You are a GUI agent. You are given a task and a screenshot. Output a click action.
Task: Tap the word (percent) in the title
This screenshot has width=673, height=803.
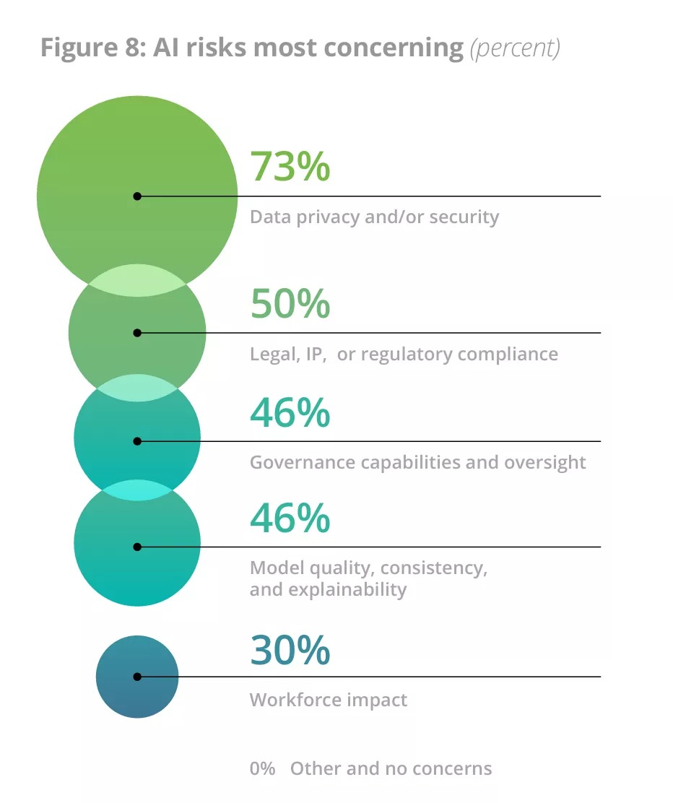515,48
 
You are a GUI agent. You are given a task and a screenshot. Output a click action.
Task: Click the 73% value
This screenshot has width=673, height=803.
290,166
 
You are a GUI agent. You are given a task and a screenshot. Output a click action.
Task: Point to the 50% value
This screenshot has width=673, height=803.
290,303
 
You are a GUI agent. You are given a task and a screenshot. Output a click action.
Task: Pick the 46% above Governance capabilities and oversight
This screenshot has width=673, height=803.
290,412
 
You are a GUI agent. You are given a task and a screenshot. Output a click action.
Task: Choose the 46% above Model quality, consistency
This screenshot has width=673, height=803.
290,518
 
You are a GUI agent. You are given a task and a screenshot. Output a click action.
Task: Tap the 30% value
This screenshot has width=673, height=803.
290,650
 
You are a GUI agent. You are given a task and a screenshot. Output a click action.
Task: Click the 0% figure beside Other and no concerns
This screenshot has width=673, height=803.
262,768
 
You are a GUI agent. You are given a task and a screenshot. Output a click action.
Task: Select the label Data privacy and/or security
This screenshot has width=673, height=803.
374,217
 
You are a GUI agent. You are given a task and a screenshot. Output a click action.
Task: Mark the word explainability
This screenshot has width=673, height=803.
347,589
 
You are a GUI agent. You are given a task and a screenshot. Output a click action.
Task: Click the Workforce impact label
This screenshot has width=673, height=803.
328,700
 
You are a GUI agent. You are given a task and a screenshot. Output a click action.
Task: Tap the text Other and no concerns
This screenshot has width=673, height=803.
391,768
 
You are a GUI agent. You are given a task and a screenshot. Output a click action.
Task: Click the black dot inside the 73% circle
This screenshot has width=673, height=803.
137,196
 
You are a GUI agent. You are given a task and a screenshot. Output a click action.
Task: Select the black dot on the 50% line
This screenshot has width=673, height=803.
137,333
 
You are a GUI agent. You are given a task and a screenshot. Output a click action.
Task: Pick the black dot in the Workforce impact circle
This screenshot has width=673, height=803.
137,677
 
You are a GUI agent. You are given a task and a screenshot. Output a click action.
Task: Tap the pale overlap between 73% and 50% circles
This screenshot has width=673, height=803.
137,280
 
